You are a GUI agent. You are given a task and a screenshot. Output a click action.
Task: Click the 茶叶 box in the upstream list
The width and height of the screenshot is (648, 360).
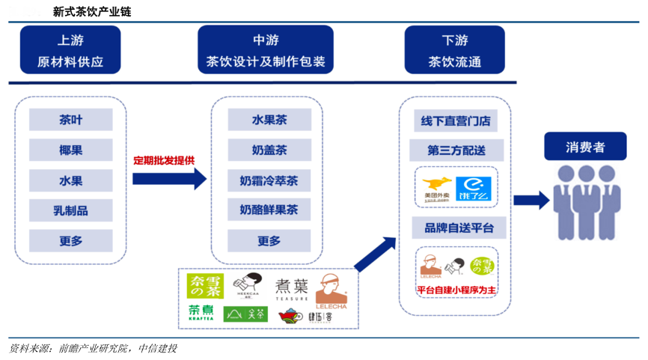click(71, 120)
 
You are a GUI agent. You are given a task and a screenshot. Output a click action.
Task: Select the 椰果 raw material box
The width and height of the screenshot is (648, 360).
click(71, 150)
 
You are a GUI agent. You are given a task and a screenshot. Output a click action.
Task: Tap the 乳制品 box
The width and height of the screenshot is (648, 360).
click(71, 210)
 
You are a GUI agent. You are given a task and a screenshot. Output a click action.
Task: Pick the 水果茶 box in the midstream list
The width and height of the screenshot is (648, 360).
click(269, 120)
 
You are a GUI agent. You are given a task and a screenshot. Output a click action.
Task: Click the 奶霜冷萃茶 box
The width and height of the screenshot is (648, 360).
click(269, 180)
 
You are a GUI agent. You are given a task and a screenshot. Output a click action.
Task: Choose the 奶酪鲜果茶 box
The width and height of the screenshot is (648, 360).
click(269, 210)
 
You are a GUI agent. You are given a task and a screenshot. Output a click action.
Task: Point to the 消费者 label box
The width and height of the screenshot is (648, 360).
click(585, 147)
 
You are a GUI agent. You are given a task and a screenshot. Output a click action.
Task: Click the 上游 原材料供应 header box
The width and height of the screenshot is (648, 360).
click(70, 49)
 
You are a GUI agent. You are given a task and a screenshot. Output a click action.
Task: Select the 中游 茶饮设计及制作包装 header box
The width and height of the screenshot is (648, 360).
click(266, 49)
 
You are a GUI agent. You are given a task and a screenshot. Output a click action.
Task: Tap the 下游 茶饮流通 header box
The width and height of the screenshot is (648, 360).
click(455, 49)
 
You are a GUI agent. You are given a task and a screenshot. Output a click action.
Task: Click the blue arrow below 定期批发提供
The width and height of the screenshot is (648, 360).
click(168, 178)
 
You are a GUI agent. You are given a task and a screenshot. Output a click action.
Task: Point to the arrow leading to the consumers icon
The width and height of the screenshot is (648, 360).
click(531, 200)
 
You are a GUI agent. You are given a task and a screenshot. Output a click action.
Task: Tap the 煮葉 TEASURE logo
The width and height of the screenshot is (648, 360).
click(292, 289)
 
